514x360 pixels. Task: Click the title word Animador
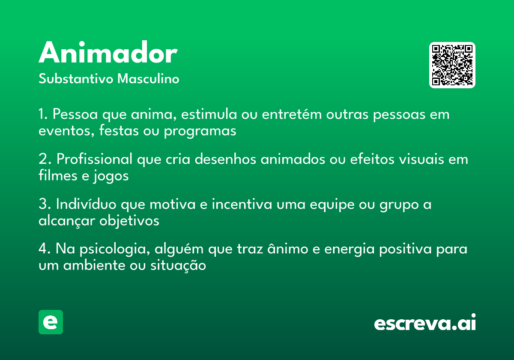tap(108, 52)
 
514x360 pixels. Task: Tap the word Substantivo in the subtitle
tap(76, 78)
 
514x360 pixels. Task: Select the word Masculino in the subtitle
tap(148, 78)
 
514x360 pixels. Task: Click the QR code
tap(452, 65)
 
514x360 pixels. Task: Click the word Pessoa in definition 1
tap(75, 114)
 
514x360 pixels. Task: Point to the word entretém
tap(292, 114)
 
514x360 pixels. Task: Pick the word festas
tap(119, 131)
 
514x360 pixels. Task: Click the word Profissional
tap(94, 159)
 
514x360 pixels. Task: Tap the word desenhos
tap(225, 159)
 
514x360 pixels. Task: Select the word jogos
tap(111, 176)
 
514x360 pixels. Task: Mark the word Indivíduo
tap(86, 204)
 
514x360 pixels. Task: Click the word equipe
tap(332, 205)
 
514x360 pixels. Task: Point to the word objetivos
tap(129, 221)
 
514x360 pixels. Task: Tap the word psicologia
tap(115, 249)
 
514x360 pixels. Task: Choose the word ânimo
tap(288, 249)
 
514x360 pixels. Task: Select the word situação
tap(178, 265)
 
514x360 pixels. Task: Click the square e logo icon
tap(51, 322)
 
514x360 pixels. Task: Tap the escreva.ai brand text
tap(425, 322)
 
